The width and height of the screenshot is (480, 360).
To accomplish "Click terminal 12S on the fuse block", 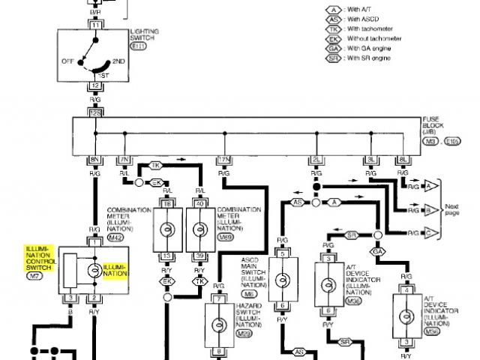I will click(x=95, y=112).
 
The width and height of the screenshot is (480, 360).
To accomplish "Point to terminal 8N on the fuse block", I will click(x=95, y=160).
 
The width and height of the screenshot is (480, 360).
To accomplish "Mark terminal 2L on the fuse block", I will click(x=318, y=160).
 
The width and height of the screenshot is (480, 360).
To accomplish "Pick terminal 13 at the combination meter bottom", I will click(x=167, y=256).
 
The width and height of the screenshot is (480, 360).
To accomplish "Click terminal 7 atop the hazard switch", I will click(x=216, y=299).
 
